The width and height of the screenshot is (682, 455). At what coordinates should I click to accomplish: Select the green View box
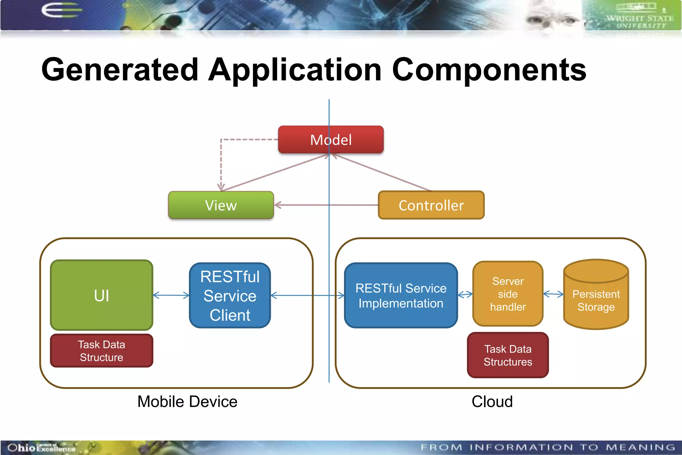tap(221, 205)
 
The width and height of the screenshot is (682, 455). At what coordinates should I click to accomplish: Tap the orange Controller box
tap(431, 205)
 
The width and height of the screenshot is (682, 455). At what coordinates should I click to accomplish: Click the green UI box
tap(102, 295)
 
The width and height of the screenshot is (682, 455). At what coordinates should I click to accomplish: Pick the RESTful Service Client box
tap(230, 296)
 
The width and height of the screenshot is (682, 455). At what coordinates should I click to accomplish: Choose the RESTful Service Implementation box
tap(401, 296)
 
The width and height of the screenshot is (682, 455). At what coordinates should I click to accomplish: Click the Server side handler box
tap(508, 294)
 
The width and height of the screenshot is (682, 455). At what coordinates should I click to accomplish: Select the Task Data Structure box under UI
tap(102, 351)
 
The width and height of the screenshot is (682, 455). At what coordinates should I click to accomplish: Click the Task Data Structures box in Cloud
tap(508, 355)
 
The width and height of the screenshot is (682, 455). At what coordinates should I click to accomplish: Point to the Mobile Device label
tap(187, 402)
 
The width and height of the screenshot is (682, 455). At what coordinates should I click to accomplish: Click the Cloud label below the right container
tap(492, 402)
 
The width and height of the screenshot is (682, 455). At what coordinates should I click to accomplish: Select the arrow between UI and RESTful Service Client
tap(171, 295)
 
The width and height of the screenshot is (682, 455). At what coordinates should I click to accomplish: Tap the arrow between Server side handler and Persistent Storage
tap(553, 294)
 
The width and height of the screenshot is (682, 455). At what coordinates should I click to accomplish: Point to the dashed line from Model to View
tap(221, 160)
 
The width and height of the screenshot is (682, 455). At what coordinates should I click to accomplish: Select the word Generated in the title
tap(120, 70)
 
